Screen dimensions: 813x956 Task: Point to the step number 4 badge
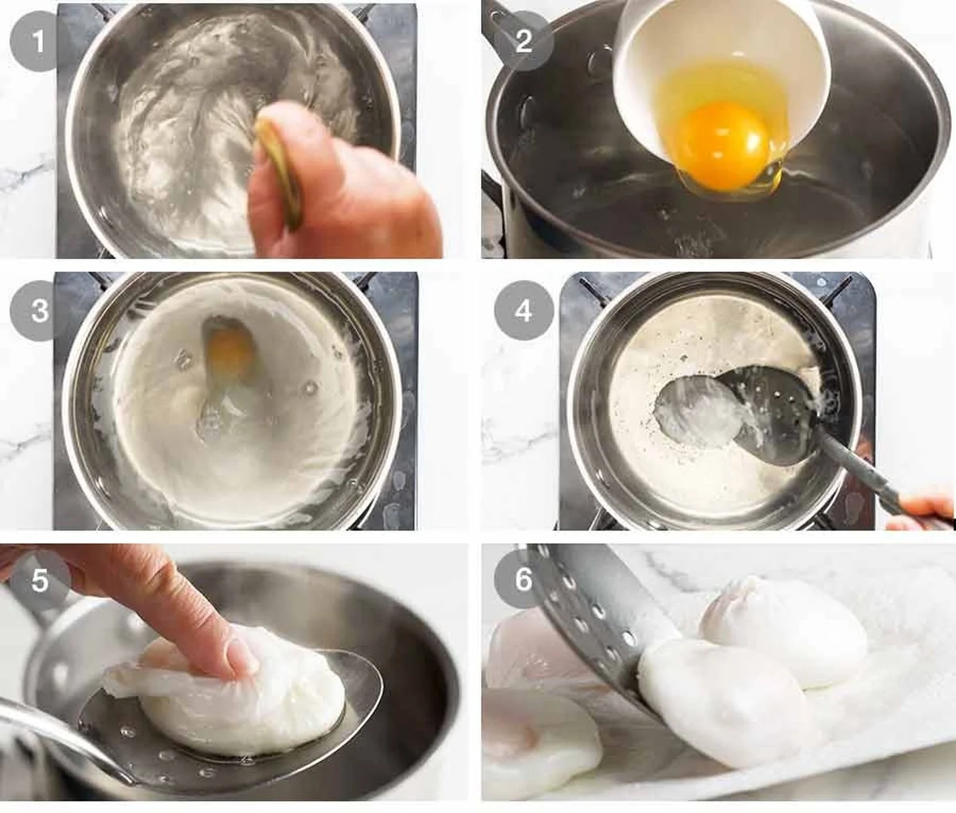[523, 311]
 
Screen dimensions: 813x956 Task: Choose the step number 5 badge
[39, 580]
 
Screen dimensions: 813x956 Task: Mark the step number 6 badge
[523, 579]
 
